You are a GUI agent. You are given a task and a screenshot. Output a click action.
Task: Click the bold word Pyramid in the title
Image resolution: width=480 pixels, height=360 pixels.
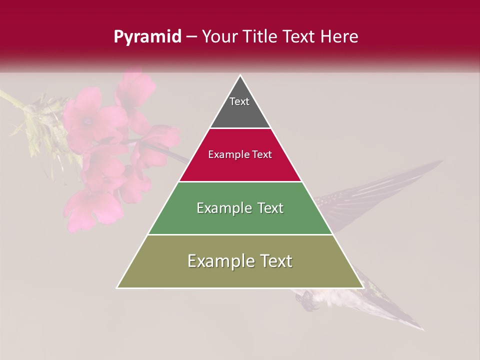tap(147, 37)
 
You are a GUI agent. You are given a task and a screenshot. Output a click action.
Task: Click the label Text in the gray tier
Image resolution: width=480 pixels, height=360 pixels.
tap(239, 101)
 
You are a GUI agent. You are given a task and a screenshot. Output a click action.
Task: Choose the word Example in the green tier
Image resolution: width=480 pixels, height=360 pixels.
tap(222, 208)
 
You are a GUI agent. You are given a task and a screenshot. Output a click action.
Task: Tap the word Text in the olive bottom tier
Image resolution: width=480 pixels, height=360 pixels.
tap(274, 261)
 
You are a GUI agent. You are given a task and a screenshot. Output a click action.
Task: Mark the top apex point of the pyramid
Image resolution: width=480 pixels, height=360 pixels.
tap(240, 75)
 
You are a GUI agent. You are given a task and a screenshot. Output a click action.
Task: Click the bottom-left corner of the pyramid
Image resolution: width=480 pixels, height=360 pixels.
tap(117, 287)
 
